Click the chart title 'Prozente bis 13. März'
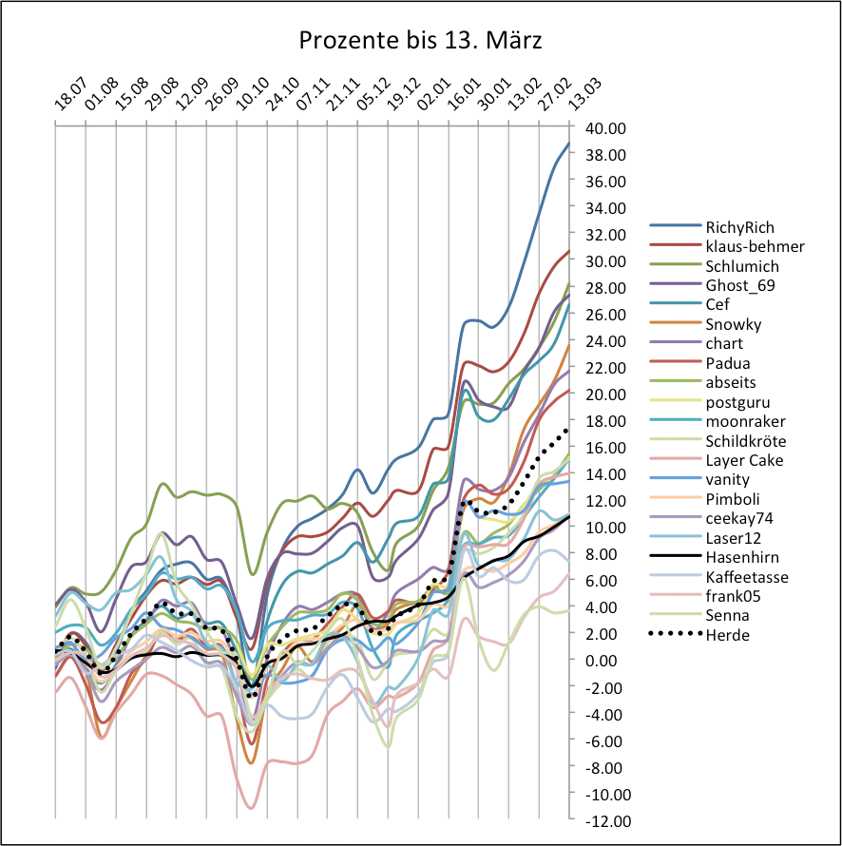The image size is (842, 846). click(x=420, y=41)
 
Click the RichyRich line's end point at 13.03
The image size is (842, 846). click(x=568, y=144)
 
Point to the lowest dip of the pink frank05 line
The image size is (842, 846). click(x=251, y=808)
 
